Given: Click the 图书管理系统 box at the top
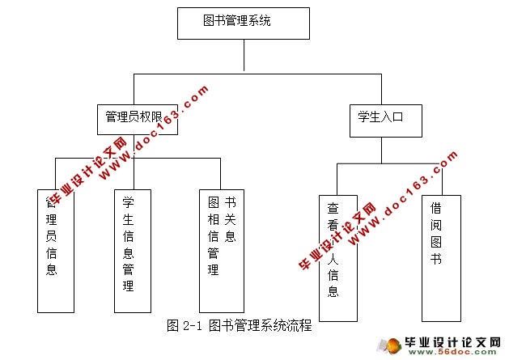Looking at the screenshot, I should pyautogui.click(x=243, y=23).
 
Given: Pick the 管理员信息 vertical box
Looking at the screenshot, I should pyautogui.click(x=55, y=251).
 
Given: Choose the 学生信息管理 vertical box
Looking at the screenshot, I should pyautogui.click(x=132, y=251).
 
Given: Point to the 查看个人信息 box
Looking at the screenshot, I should pyautogui.click(x=337, y=257).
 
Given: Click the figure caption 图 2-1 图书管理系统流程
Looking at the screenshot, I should pyautogui.click(x=239, y=327).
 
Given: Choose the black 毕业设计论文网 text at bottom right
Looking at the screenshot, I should pyautogui.click(x=458, y=342).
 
